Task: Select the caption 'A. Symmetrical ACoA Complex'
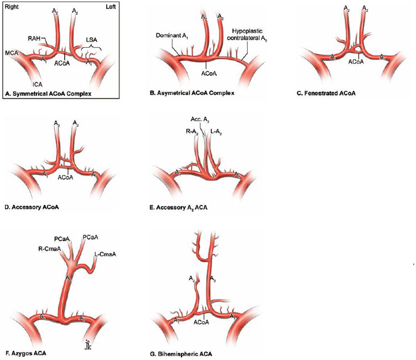point(48,94)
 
